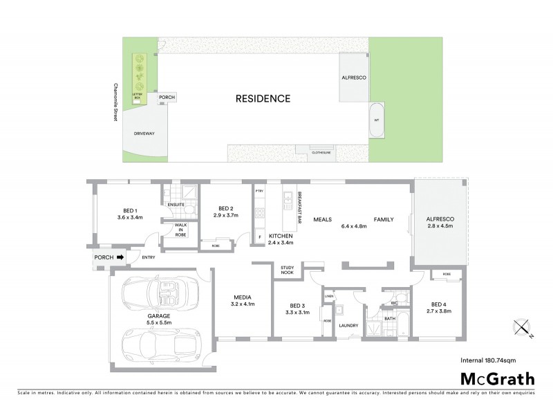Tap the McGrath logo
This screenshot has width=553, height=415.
497,378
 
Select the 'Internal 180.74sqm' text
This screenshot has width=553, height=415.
497,360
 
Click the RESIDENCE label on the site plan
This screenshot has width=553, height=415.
263,98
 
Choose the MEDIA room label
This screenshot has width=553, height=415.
243,300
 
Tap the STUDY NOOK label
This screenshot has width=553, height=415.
288,270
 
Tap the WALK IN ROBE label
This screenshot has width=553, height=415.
180,230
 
